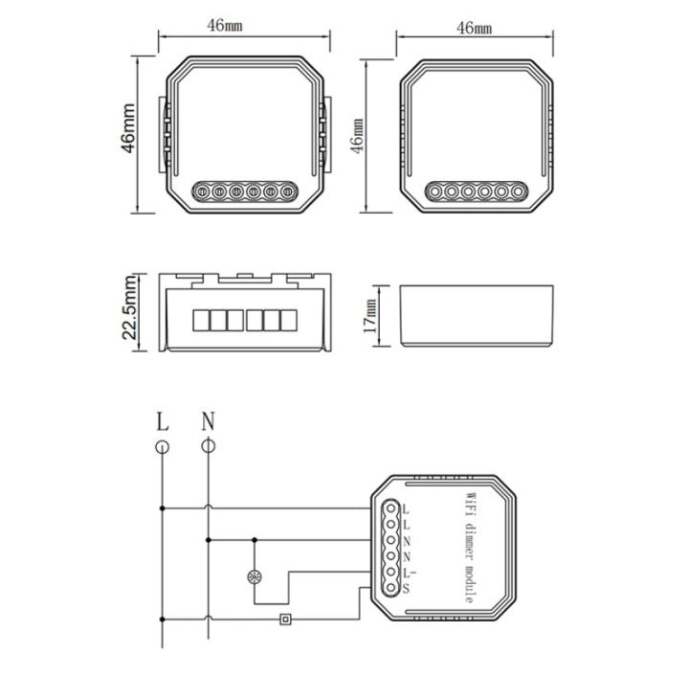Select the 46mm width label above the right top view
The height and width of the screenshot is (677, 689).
tap(475, 29)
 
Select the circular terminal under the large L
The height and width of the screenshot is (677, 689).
tap(162, 446)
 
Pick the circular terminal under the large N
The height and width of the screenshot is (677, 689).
tap(208, 446)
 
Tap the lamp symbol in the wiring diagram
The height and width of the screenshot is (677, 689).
tap(256, 578)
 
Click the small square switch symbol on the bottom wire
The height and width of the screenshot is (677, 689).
tap(284, 620)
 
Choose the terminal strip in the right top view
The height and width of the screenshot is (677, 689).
tap(476, 192)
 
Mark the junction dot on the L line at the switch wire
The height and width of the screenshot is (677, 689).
tap(162, 620)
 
